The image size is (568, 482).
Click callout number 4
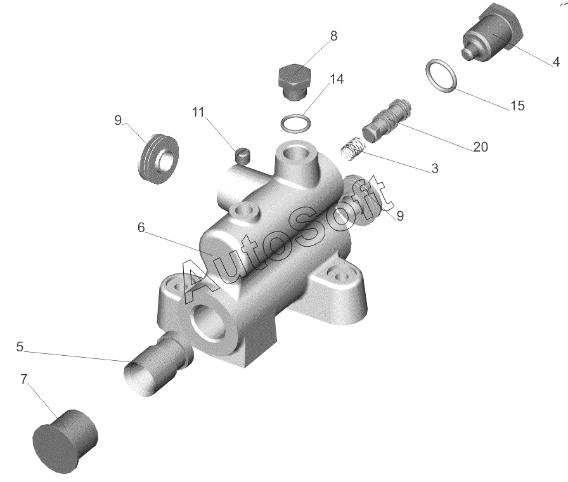[x=556, y=62]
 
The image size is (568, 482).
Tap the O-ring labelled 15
[x=441, y=76]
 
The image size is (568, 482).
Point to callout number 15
[x=517, y=105]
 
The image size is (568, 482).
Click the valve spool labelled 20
[x=387, y=120]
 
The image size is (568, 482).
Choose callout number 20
[x=481, y=147]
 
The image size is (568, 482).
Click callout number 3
[x=435, y=168]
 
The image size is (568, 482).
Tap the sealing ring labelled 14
[x=295, y=123]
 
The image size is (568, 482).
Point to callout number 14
[x=337, y=79]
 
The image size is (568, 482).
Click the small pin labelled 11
[x=242, y=155]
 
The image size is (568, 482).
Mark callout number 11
[x=198, y=112]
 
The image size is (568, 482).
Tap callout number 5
[x=20, y=346]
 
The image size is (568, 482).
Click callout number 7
[x=23, y=379]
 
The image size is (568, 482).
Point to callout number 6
[x=141, y=227]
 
